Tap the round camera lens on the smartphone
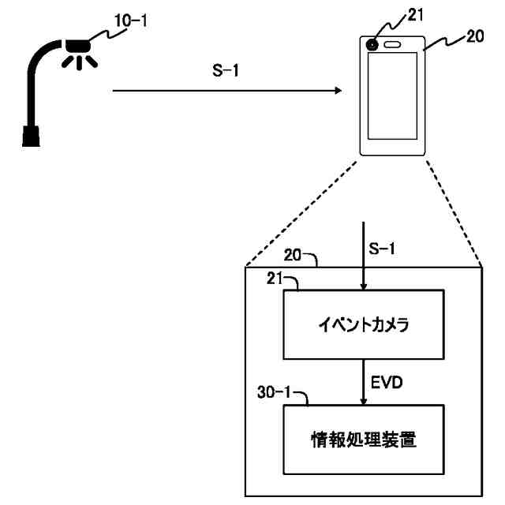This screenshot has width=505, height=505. (371, 44)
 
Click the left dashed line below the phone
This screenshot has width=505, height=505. (305, 213)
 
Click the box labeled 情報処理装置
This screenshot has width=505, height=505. (363, 440)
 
